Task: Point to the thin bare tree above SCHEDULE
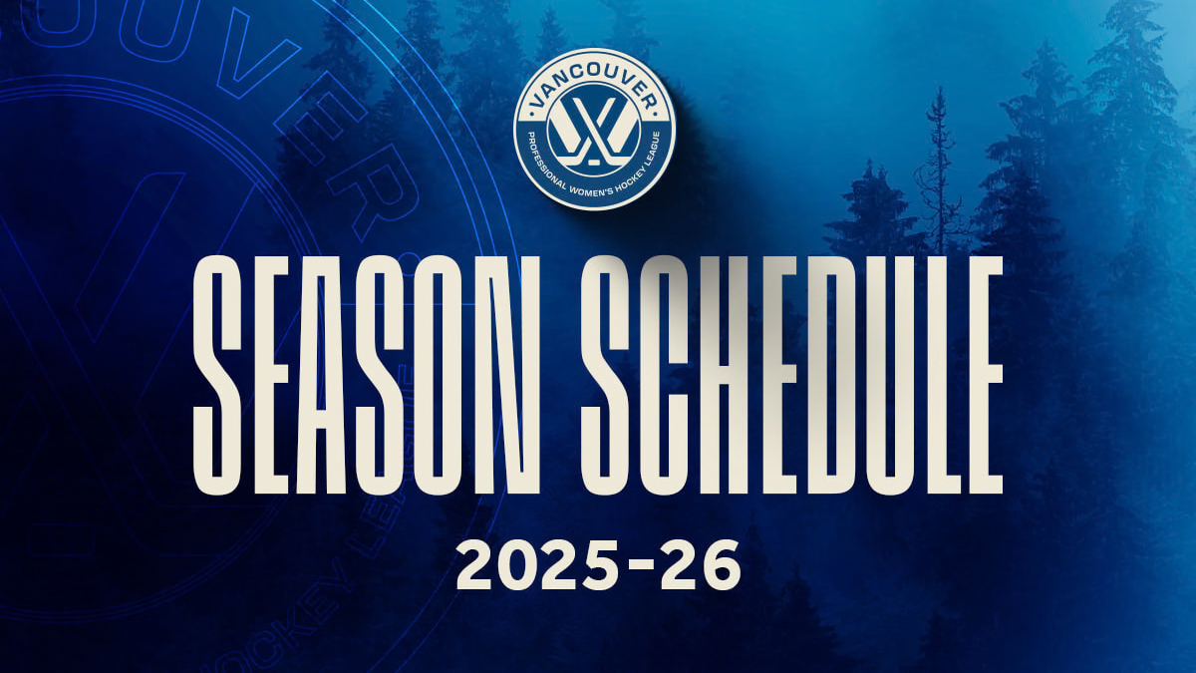(937, 169)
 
